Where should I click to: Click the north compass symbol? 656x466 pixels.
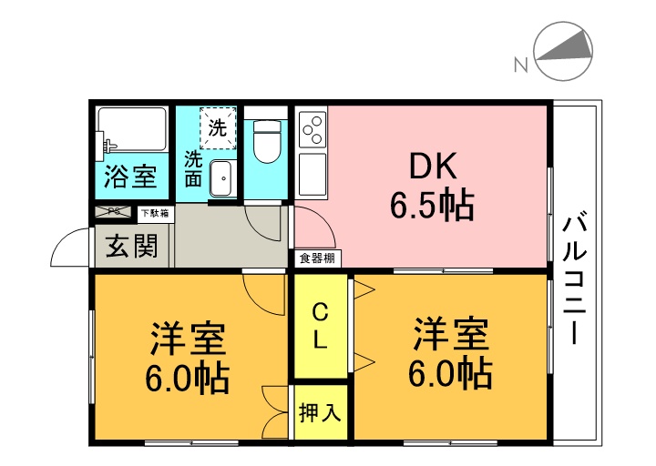[564, 54]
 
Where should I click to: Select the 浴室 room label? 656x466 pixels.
[129, 177]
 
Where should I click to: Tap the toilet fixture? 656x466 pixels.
[267, 142]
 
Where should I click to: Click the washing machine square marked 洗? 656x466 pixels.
[218, 128]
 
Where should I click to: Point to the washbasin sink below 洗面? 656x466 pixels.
[221, 179]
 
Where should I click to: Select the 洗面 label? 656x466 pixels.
[193, 167]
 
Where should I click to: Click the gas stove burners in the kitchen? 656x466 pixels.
[312, 128]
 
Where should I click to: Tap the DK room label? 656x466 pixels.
[431, 167]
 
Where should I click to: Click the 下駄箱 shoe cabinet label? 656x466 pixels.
[153, 213]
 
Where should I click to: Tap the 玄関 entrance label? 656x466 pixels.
[130, 246]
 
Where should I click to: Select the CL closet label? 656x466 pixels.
[321, 327]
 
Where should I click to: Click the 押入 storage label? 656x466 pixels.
[320, 412]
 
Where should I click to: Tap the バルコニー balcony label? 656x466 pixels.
[575, 279]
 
